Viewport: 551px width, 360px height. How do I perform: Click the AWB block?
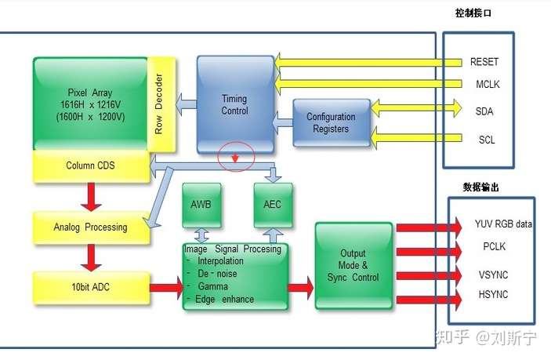tap(201, 205)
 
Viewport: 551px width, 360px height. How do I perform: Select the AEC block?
tap(273, 205)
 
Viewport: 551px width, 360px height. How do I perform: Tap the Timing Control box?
tap(235, 104)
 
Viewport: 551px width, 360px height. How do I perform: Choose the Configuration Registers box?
tap(332, 122)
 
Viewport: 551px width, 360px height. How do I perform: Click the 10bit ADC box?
tap(92, 288)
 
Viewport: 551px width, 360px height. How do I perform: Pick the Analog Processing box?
tap(92, 227)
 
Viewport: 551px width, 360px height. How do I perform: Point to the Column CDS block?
tap(92, 166)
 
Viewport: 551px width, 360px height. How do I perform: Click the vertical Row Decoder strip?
tap(161, 104)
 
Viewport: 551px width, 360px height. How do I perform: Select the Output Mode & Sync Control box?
tap(353, 265)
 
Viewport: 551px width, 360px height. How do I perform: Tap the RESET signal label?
tap(484, 62)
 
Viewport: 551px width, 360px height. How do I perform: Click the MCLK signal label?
tap(488, 85)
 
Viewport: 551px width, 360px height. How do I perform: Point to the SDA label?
tap(484, 112)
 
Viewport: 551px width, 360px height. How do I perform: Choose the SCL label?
tap(487, 140)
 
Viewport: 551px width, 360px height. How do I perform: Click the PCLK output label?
tap(494, 246)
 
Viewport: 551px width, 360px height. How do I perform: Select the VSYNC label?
tap(493, 275)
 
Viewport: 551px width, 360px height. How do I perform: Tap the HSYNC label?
tap(493, 294)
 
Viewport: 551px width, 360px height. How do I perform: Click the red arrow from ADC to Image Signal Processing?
tap(167, 288)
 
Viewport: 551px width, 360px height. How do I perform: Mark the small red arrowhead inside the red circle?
tap(235, 158)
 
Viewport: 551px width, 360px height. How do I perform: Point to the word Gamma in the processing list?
tap(213, 286)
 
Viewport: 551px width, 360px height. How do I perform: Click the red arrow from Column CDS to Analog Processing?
tap(91, 197)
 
